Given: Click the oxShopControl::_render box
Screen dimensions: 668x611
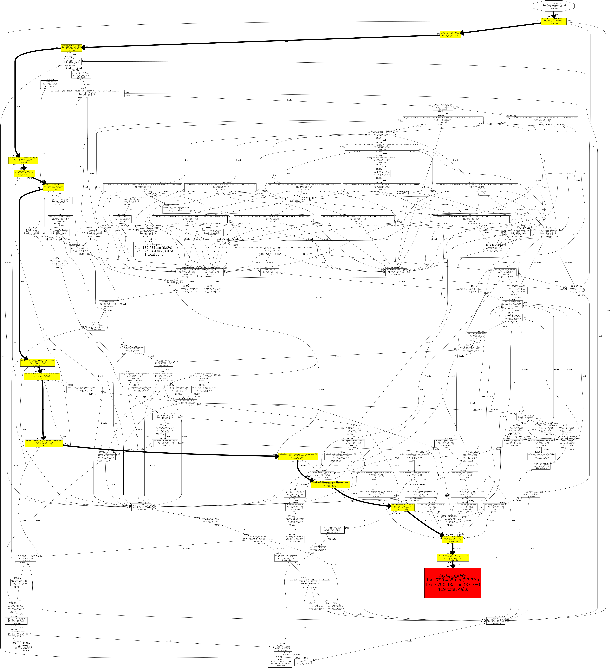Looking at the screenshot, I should click(72, 61).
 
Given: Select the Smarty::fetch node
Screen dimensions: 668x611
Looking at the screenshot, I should click(81, 75).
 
